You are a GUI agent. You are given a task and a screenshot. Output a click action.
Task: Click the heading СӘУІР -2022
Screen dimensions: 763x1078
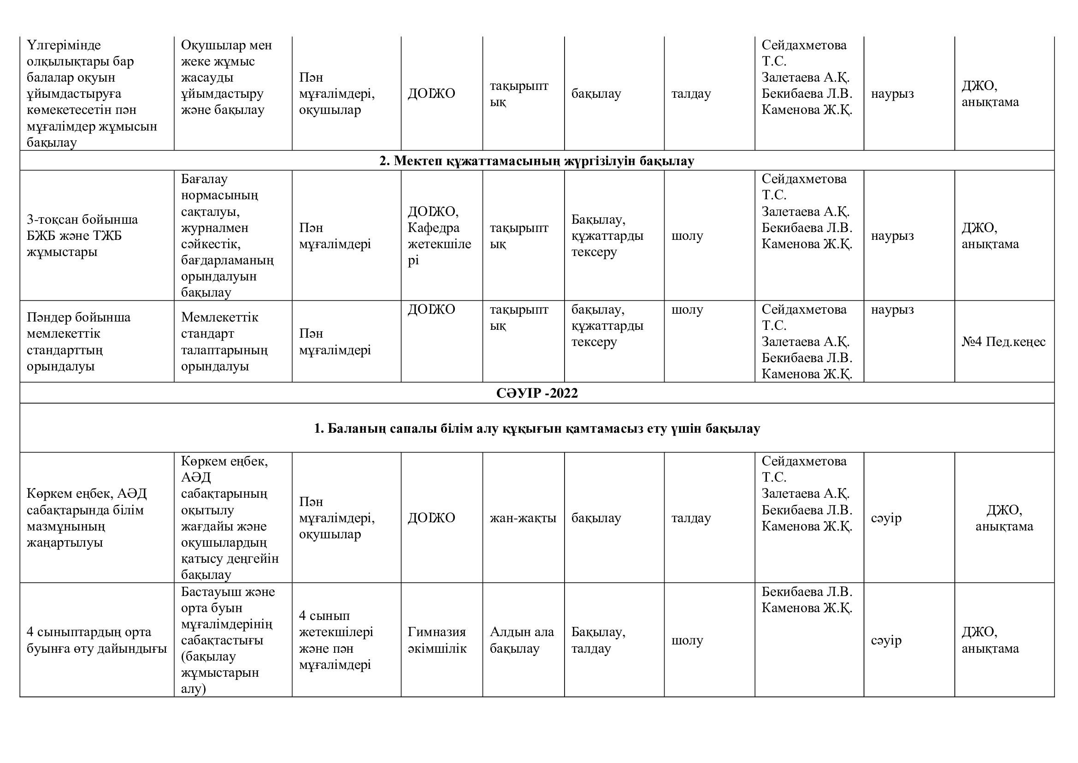536,393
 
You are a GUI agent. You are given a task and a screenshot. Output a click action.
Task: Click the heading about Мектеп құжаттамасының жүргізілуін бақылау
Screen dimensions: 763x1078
536,161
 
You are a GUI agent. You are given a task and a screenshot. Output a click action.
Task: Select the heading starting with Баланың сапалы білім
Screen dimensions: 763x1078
536,428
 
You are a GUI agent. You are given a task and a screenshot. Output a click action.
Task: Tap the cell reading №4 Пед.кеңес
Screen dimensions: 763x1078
1003,341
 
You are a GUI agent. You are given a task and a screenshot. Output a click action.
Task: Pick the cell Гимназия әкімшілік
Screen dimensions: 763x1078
437,640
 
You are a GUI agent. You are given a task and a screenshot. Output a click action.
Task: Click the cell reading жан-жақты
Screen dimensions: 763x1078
523,518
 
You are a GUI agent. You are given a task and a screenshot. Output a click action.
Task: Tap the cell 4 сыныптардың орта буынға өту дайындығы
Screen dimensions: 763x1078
97,640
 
